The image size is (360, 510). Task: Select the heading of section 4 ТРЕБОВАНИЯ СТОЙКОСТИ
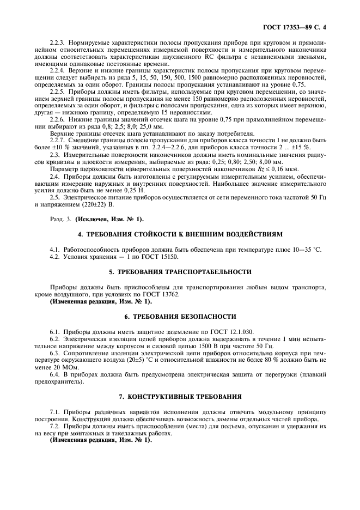180,234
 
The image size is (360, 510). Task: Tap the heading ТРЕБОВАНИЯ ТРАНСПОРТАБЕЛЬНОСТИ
180,271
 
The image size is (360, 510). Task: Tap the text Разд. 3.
59,219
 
